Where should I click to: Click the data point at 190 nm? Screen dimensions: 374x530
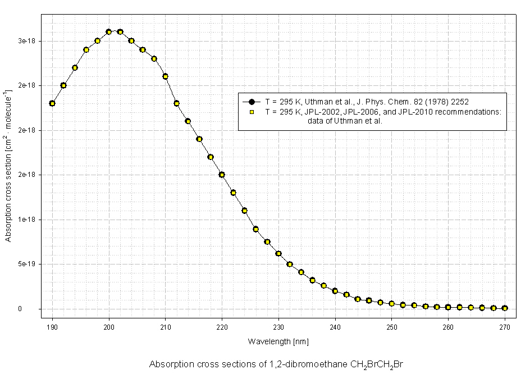click(x=52, y=103)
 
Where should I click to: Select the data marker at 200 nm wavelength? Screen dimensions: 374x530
click(x=109, y=32)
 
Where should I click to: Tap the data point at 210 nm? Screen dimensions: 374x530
click(x=166, y=76)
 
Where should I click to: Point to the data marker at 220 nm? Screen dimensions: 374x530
click(x=222, y=175)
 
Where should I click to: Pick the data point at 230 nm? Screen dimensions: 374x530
click(x=278, y=253)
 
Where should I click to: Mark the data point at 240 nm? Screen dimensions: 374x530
click(x=335, y=291)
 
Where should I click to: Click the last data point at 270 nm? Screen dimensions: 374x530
click(x=505, y=308)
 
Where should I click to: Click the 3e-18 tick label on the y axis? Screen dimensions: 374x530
click(x=26, y=41)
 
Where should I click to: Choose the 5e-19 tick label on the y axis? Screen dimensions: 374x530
click(x=26, y=264)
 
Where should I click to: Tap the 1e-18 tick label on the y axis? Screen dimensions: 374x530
click(x=26, y=220)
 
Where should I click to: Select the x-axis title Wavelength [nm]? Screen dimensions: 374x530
click(x=278, y=341)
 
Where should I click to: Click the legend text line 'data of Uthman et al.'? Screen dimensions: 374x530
click(x=345, y=121)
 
